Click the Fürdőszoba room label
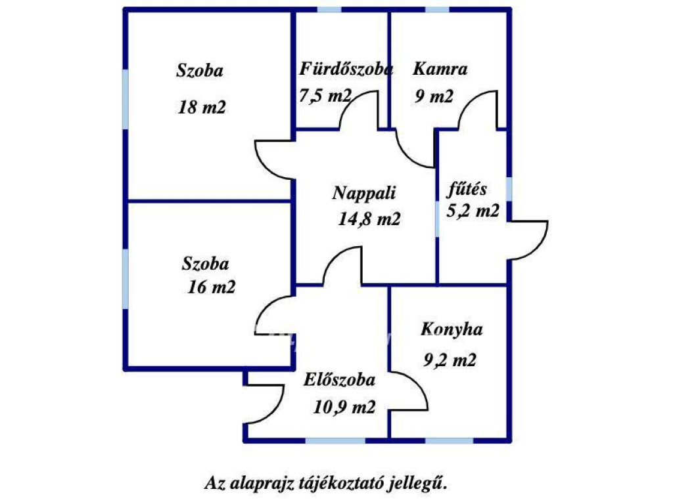coord(346,70)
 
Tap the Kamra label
coord(440,69)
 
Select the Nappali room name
coord(364,194)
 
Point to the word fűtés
coord(467,189)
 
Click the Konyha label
coord(452,329)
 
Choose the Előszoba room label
coord(339,380)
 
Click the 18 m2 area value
coord(202,107)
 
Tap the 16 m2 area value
coord(212,287)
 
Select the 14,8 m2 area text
coord(369,219)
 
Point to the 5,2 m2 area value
coord(473,211)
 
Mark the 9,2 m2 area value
coord(450,360)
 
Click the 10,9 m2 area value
coord(344,407)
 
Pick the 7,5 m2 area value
coord(325,96)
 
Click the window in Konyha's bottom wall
coord(450,440)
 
